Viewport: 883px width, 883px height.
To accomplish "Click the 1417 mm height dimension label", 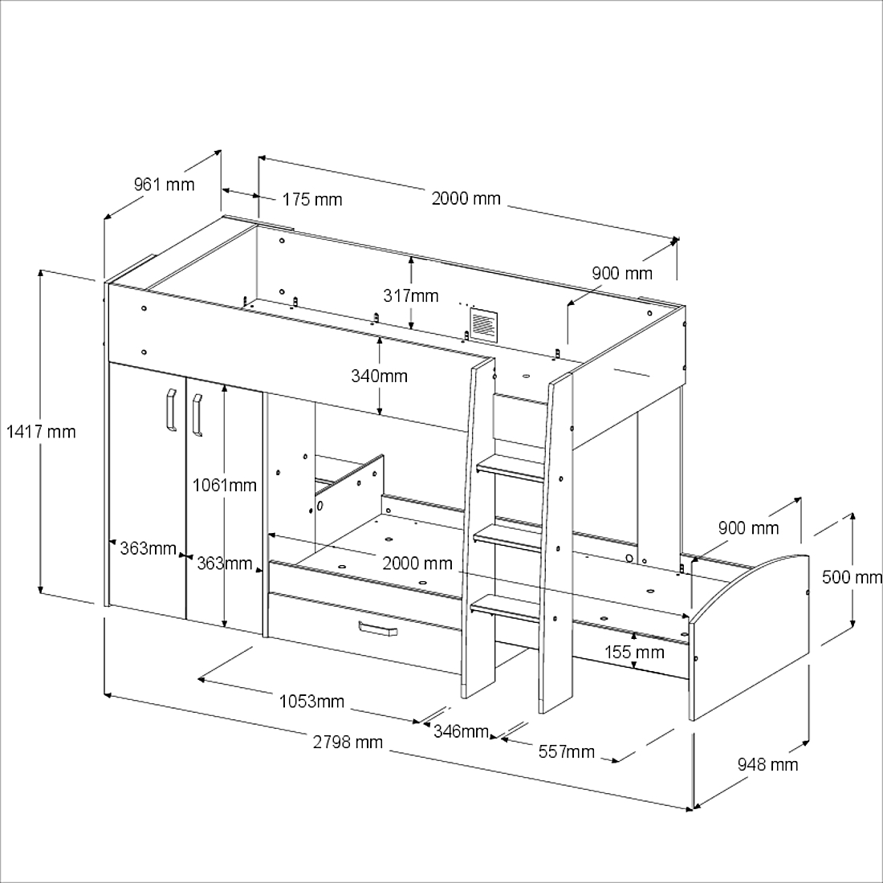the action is tap(41, 432).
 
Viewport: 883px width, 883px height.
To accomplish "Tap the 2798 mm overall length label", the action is tap(348, 743).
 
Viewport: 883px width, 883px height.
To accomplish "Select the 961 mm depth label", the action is tap(164, 184).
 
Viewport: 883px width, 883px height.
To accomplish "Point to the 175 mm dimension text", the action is tap(312, 199).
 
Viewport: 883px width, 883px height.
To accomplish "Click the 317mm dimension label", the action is tap(410, 295).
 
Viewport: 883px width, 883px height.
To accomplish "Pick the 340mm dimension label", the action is tap(379, 376).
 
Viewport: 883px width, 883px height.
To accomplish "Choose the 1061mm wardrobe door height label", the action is tap(224, 485).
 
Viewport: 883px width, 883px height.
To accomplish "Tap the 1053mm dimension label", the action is tap(311, 701).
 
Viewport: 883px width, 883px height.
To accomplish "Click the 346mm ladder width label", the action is tap(461, 731).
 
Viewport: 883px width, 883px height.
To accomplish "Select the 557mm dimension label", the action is tap(566, 752).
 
